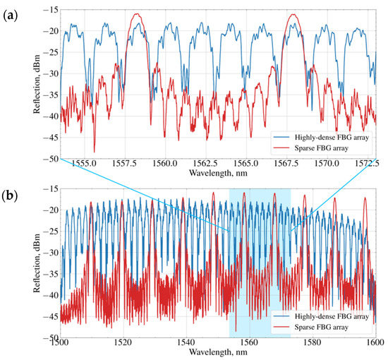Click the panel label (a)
click(11, 12)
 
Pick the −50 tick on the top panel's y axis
click(49, 160)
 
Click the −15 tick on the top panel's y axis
click(49, 10)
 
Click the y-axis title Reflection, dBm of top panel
click(35, 85)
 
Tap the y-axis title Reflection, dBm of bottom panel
click(35, 259)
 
